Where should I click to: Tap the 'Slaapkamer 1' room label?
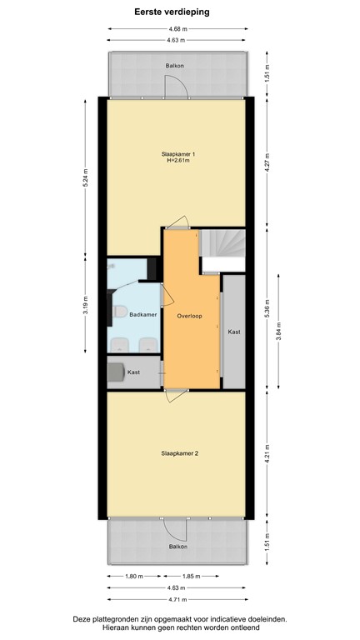tap(178, 154)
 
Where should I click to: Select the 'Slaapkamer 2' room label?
tap(179, 453)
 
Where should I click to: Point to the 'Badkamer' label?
tap(144, 315)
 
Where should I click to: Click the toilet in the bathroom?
tap(120, 312)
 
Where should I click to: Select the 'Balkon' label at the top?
tap(174, 64)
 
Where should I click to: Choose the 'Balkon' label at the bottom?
tap(177, 547)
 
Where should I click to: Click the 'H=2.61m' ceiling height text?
tap(178, 162)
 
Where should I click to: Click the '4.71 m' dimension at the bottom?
tap(177, 598)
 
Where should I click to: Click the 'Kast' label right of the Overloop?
tap(234, 332)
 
